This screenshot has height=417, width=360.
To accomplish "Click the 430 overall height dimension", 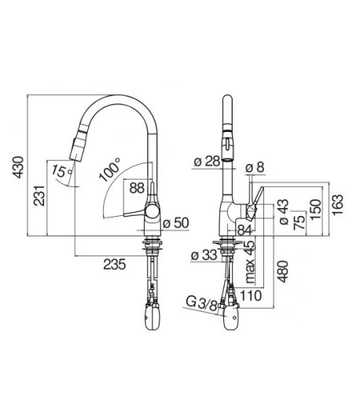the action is point(18,167).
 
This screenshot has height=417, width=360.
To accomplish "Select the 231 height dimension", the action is point(39,196).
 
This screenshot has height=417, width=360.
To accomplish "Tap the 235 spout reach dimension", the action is point(115,265).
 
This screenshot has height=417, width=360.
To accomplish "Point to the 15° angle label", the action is point(61,171).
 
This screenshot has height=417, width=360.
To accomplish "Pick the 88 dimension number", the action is point(137,188).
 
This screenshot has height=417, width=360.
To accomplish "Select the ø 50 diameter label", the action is point(176,223).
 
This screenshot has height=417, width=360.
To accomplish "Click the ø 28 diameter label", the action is point(208,161).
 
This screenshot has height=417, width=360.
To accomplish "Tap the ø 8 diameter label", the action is point(255,167).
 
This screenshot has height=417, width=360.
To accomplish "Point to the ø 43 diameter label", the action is point(284,212).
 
